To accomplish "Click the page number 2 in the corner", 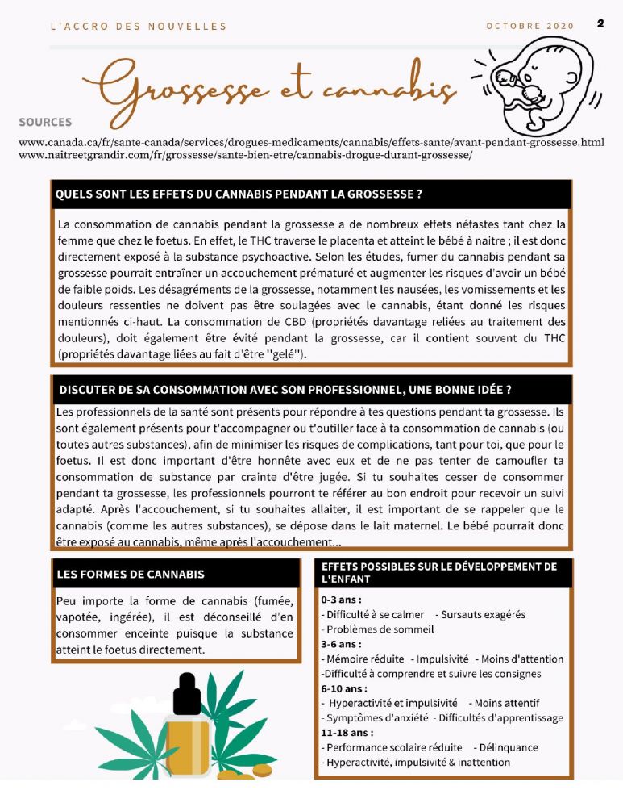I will pos(600,23).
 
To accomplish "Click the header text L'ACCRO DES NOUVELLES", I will pos(138,26).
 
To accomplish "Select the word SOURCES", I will pos(45,123).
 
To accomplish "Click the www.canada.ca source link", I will pos(310,142).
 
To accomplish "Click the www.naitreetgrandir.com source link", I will pos(245,155).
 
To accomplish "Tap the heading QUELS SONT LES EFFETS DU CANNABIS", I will pos(239,194).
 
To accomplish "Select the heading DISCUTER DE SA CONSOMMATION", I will pos(285,389).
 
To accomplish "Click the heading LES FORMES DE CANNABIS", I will pos(131,575).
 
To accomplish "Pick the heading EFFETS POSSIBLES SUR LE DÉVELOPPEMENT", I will pos(439,572).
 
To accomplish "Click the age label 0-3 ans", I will pos(341,600).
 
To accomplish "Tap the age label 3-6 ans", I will pos(341,644).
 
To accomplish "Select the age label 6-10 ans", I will pos(344,688).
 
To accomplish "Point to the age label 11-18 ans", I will pos(347,733).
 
